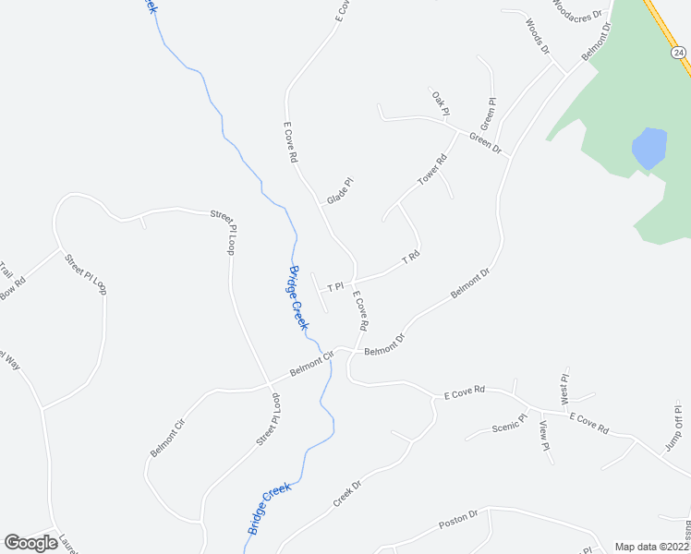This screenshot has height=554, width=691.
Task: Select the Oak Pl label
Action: [x=439, y=102]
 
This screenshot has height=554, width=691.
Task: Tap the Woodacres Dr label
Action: [x=576, y=9]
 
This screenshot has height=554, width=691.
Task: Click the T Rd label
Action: [x=411, y=259]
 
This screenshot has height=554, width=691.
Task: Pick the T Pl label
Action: [x=335, y=287]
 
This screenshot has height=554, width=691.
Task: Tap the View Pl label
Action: [x=544, y=435]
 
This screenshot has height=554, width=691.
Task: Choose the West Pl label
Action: [x=565, y=384]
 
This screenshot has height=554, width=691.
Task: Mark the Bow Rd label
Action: [x=13, y=289]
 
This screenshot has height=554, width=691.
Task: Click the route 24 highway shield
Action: [x=679, y=54]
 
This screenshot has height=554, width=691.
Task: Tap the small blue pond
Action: [x=649, y=148]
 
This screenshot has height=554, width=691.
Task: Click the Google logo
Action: [x=30, y=543]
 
